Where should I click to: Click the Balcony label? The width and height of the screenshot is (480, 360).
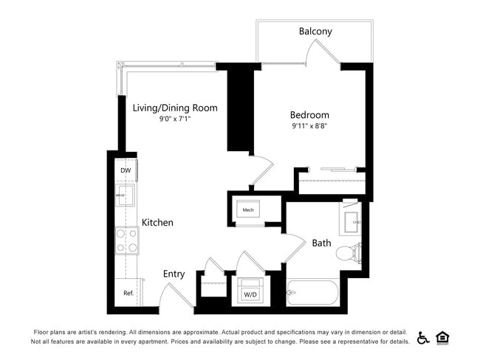click(315, 32)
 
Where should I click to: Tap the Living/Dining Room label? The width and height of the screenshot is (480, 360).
click(175, 108)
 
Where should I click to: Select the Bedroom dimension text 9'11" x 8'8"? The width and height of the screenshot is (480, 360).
click(309, 126)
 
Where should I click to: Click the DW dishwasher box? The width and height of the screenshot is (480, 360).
click(126, 170)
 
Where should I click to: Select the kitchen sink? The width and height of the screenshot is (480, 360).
click(126, 195)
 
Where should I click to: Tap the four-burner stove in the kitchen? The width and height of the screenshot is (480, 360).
click(127, 240)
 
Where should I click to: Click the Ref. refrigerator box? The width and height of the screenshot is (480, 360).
click(128, 292)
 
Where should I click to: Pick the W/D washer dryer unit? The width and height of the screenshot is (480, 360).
click(250, 291)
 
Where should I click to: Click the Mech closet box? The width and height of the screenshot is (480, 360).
click(250, 210)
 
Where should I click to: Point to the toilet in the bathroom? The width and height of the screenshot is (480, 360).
click(347, 254)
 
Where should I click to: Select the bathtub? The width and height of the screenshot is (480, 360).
click(313, 293)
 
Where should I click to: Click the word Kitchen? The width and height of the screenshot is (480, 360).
click(157, 222)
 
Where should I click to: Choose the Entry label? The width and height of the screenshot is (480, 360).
click(174, 274)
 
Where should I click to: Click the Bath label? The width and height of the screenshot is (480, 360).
click(321, 243)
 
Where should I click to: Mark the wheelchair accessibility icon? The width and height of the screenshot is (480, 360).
click(424, 338)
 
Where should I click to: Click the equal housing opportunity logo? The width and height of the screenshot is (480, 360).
click(443, 338)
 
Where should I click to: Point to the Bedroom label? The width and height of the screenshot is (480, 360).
click(309, 115)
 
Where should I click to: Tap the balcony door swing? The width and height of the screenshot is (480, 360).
click(323, 53)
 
